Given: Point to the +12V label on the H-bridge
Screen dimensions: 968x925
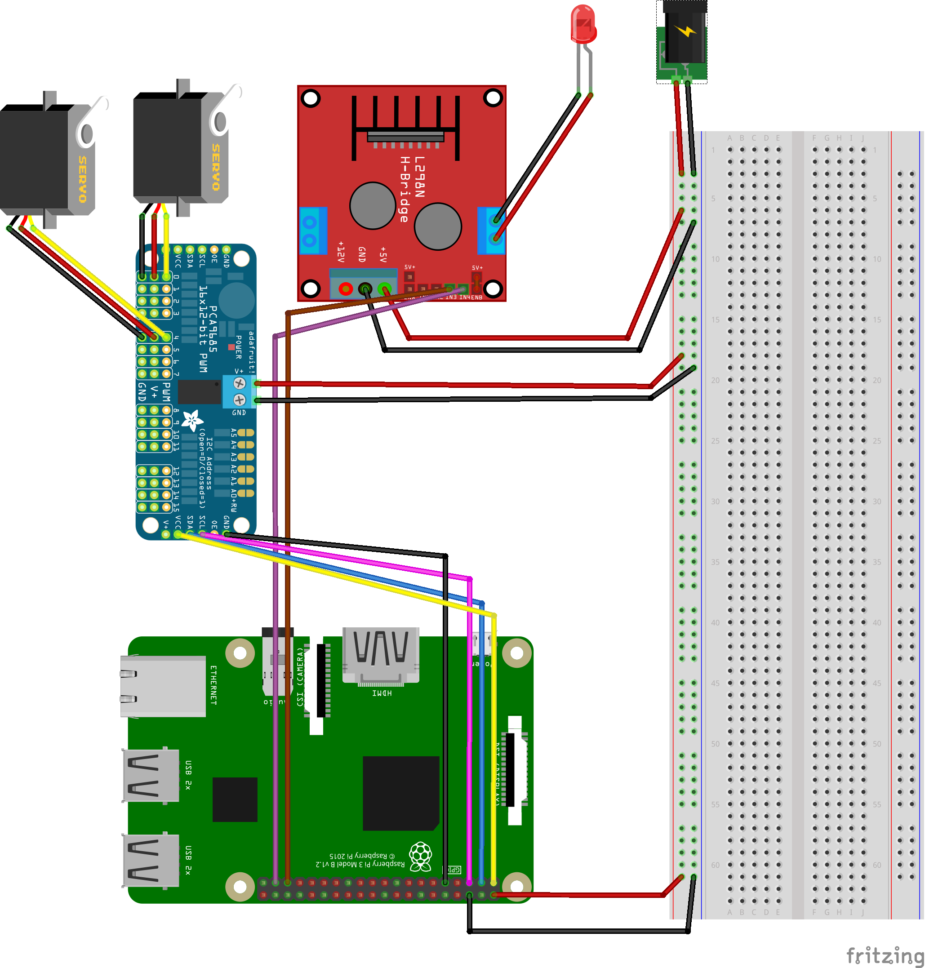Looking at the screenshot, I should click(340, 251).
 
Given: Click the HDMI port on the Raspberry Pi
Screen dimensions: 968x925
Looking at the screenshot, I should click(381, 655).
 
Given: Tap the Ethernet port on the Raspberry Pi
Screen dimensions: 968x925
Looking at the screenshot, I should click(163, 686).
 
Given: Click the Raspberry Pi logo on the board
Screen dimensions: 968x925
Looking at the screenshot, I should click(421, 856).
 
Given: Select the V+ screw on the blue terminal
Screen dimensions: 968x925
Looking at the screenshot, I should click(239, 383).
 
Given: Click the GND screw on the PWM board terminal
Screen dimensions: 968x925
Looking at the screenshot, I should click(239, 399).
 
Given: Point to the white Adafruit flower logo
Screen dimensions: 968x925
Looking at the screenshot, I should click(192, 420).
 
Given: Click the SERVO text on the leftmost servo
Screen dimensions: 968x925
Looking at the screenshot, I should click(82, 179).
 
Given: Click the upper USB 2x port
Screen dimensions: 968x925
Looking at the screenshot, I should click(151, 775).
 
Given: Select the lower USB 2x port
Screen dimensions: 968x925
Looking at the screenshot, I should click(151, 860).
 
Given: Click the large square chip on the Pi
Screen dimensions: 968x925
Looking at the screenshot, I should click(400, 793).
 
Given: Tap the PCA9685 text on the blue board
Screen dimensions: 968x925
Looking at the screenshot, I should click(213, 329).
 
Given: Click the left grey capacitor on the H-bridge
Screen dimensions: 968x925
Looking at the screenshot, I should click(372, 205).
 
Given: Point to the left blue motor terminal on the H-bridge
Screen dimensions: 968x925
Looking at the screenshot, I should click(313, 231).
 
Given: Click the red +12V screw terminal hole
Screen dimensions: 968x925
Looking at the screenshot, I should click(346, 289).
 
